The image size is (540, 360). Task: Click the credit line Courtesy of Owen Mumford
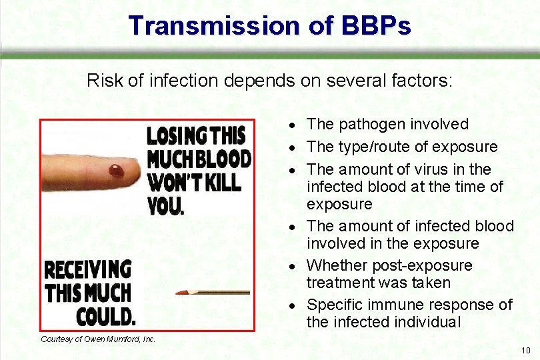pyautogui.click(x=98, y=339)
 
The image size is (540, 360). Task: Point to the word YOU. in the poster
pyautogui.click(x=165, y=206)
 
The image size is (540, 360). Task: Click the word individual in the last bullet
pyautogui.click(x=427, y=322)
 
